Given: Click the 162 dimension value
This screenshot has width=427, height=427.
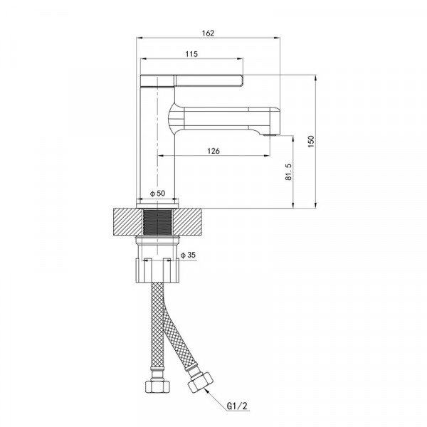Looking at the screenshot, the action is [x=208, y=33].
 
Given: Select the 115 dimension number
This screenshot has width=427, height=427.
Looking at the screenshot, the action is [x=191, y=54].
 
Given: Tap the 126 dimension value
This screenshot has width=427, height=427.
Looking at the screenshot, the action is [x=213, y=151].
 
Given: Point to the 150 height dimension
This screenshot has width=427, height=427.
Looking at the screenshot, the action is [x=311, y=142].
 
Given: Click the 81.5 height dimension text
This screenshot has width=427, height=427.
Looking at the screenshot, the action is [x=289, y=172].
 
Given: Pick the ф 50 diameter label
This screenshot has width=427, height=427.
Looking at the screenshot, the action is [x=158, y=194].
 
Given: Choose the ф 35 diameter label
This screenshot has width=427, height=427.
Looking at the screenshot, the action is [x=188, y=255].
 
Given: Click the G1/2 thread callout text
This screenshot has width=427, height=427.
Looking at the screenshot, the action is [x=238, y=406].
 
